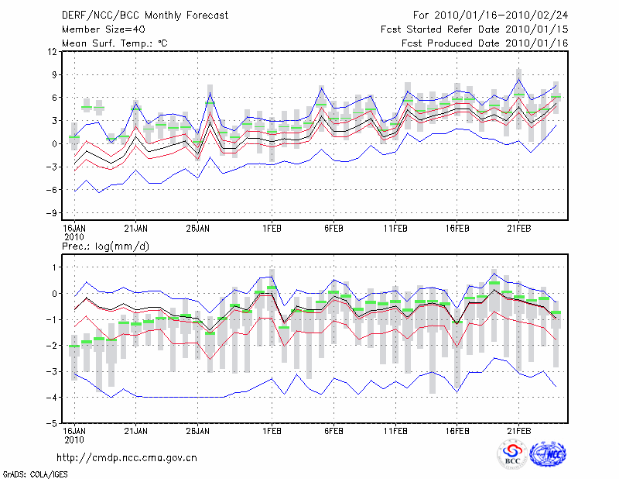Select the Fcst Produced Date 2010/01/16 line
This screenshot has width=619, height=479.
484,43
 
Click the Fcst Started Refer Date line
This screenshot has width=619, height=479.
474,29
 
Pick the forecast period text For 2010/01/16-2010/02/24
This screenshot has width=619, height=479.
491,15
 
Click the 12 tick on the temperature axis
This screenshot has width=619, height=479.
53,52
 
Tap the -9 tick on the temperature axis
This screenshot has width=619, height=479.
52,213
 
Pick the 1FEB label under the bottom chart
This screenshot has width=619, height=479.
272,431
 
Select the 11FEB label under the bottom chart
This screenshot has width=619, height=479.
395,431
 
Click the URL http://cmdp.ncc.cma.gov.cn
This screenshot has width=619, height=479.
127,457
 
